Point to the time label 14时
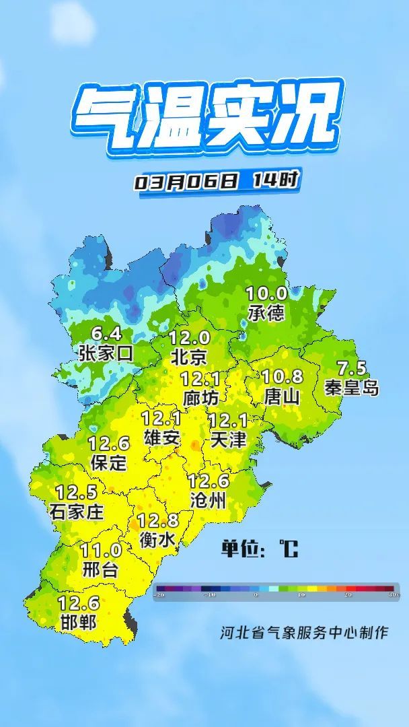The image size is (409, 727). tap(275, 180)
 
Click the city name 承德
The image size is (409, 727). tap(266, 312)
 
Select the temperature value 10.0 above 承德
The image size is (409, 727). tap(266, 293)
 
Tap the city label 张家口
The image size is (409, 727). tap(106, 353)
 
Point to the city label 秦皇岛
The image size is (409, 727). tap(351, 387)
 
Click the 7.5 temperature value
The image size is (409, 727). tap(351, 368)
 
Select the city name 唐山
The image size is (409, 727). tap(282, 396)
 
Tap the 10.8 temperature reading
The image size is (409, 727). tap(282, 377)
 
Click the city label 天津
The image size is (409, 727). tap(228, 440)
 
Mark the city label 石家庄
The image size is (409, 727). tap(77, 511)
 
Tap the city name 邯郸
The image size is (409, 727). tap(78, 621)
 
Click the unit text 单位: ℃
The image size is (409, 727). tap(259, 549)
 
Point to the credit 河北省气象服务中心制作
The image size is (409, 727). tap(304, 633)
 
